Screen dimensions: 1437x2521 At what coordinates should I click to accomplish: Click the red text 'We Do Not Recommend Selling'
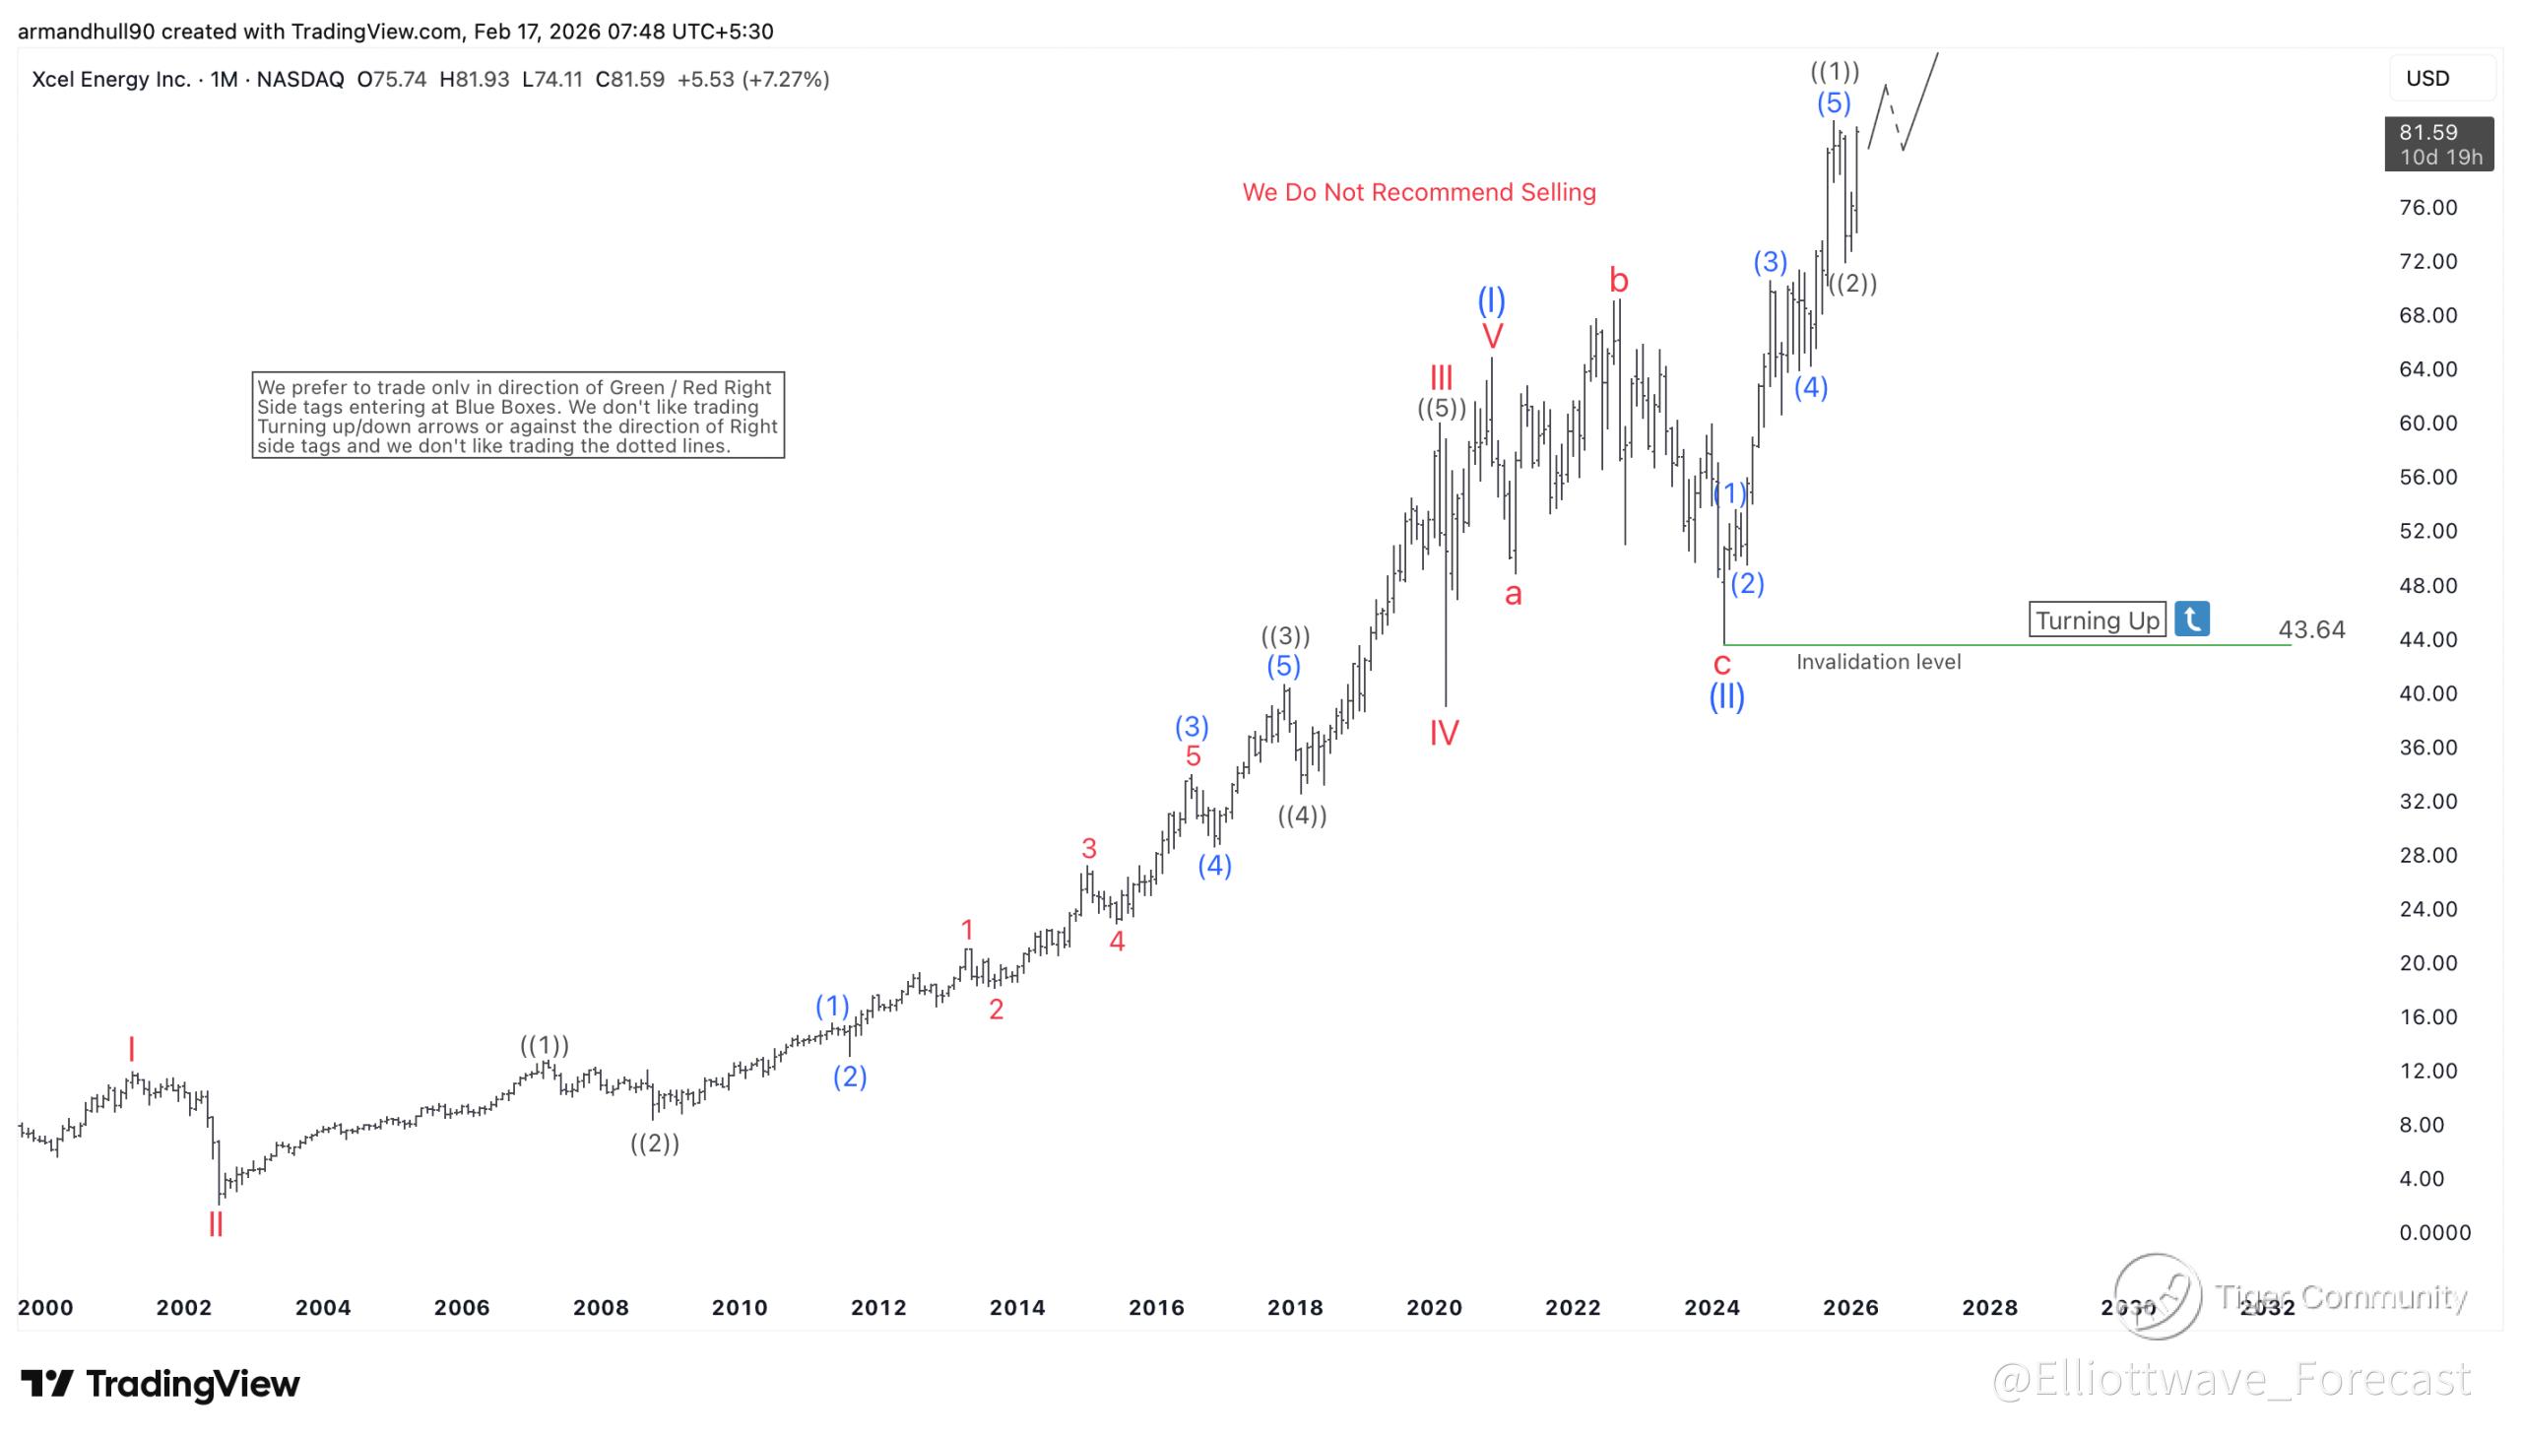point(1418,192)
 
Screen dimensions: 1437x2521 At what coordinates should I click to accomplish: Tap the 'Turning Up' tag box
point(2096,620)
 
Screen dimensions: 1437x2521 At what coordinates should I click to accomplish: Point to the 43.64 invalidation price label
point(2311,629)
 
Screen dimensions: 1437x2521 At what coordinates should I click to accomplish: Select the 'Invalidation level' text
point(1878,662)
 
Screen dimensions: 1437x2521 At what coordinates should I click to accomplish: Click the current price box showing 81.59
point(2437,144)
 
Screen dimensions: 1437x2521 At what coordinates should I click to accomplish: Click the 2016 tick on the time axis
point(1155,1308)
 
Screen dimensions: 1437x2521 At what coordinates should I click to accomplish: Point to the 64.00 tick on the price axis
point(2427,369)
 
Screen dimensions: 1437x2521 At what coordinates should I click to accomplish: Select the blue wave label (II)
point(1725,697)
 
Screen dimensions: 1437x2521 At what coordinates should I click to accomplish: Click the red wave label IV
point(1444,734)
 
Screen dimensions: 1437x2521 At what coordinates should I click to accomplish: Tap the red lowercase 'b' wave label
point(1618,281)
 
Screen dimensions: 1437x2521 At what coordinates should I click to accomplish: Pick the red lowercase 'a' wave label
point(1513,594)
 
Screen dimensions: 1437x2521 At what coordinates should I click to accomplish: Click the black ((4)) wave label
point(1302,816)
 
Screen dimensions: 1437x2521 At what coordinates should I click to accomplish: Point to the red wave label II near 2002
point(215,1225)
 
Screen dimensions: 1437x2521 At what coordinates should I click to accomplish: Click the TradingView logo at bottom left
point(160,1384)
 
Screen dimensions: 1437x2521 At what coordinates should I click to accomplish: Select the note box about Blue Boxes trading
point(518,416)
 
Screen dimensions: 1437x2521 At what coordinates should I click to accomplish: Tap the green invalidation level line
point(2003,645)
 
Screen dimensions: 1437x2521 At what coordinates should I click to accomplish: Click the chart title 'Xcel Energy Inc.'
point(110,80)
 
